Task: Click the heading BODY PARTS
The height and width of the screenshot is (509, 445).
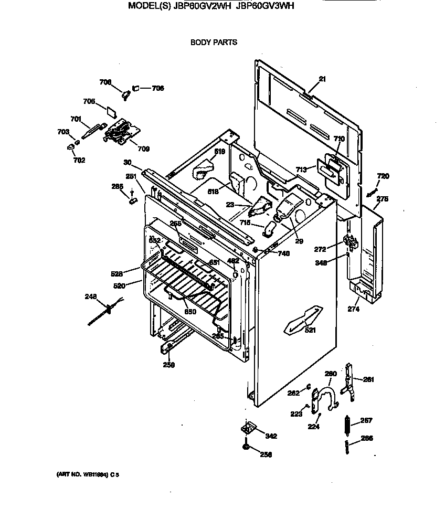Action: click(214, 42)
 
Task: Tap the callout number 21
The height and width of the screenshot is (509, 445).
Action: click(322, 79)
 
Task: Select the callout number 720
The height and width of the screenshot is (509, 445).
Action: click(383, 176)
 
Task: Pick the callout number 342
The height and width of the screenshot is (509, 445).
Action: click(271, 436)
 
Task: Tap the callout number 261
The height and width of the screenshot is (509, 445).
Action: click(369, 379)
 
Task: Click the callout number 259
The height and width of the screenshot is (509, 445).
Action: click(168, 365)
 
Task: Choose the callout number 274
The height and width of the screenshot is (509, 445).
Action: click(353, 309)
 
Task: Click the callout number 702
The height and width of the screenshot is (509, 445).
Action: click(79, 160)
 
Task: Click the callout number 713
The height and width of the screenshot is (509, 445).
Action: click(301, 169)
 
